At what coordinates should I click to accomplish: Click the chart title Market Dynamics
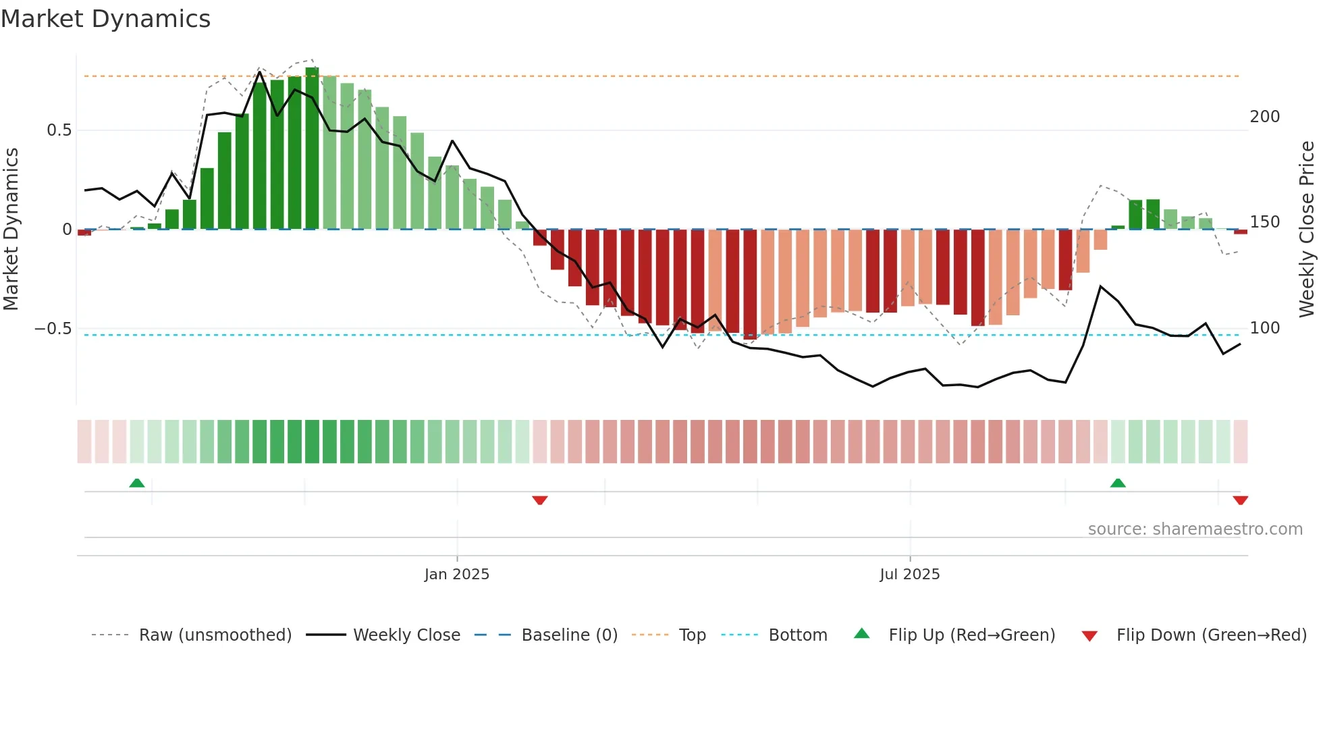pos(105,19)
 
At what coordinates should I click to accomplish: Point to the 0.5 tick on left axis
pos(59,130)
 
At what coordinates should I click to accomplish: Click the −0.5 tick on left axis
pos(53,329)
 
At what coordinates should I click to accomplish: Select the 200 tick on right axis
pos(1264,117)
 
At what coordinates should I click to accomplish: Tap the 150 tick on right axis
pos(1264,222)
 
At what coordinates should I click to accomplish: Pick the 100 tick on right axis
pos(1264,328)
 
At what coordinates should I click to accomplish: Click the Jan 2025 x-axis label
pos(457,575)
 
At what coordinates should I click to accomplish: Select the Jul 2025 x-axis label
pos(909,575)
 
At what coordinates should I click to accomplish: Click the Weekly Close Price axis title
pos(1307,230)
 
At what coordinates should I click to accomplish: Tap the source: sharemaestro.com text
pos(1195,529)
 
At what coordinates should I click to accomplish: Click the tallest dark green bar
pos(312,149)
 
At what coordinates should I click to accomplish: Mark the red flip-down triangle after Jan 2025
pos(539,500)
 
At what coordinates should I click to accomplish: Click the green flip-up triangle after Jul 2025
pos(1118,483)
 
